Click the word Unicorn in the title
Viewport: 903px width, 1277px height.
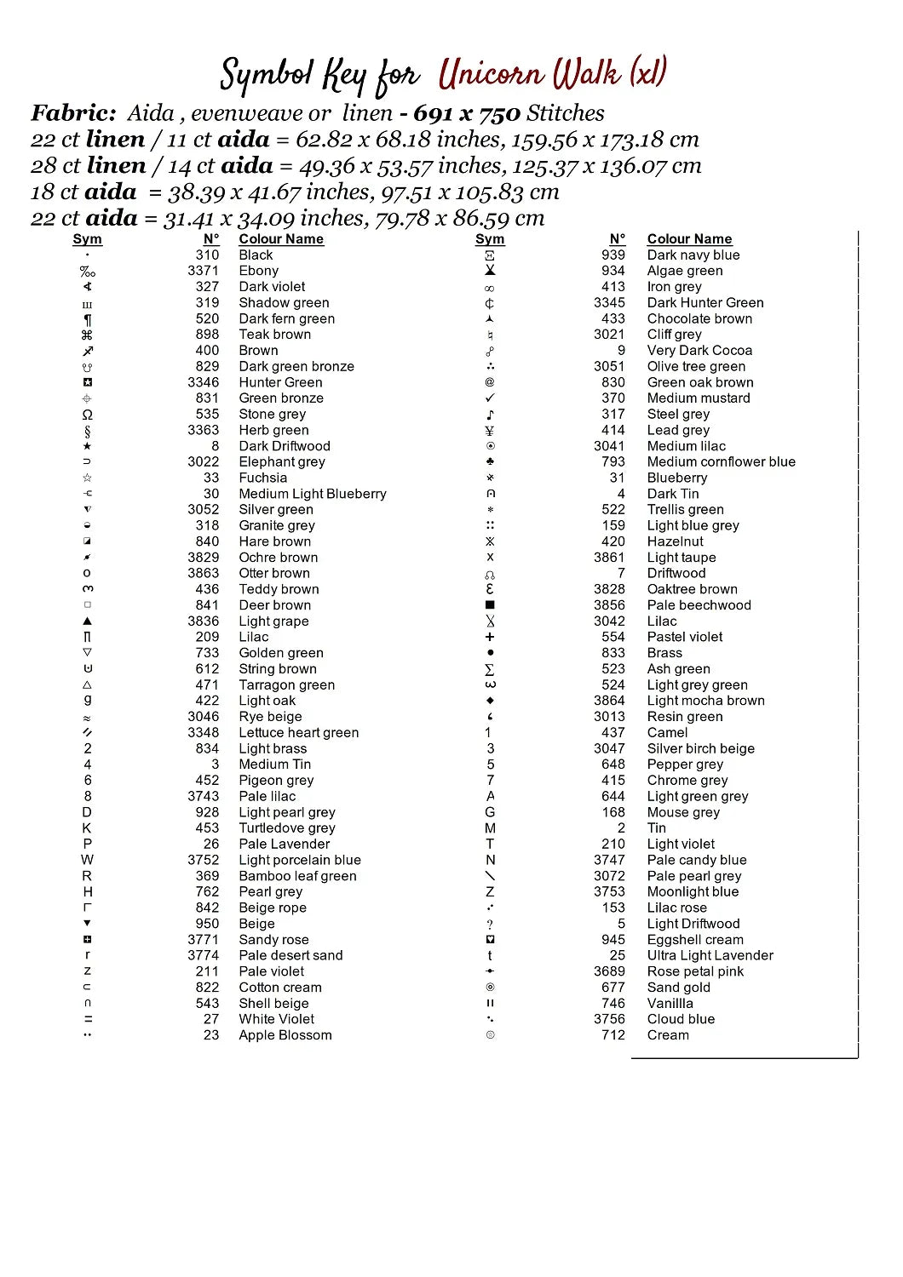coord(492,75)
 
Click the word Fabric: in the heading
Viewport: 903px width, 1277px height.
coord(73,113)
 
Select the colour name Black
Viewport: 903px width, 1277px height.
coord(256,255)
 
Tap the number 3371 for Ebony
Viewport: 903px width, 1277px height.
coord(203,271)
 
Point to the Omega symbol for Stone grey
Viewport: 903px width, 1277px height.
coord(87,415)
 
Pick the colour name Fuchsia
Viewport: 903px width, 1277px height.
coord(262,478)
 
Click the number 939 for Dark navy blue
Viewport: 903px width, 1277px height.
coord(613,255)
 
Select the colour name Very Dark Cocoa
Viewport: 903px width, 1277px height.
coord(699,350)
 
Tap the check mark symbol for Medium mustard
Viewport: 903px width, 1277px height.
coord(490,398)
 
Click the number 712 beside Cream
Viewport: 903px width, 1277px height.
coord(613,1035)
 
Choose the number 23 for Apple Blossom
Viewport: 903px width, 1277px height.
coord(210,1035)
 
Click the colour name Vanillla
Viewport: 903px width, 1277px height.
coord(670,1003)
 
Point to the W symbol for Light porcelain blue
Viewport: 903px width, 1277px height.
coord(87,860)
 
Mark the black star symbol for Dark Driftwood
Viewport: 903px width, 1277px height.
coord(87,446)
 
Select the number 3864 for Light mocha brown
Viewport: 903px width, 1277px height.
coord(609,701)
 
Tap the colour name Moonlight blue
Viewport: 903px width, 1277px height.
coord(693,891)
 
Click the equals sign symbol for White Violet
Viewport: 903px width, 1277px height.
coord(87,1019)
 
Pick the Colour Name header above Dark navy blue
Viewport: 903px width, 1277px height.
coord(689,239)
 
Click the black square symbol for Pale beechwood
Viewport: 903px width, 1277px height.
coord(490,605)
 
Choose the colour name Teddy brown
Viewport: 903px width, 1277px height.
coord(279,589)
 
